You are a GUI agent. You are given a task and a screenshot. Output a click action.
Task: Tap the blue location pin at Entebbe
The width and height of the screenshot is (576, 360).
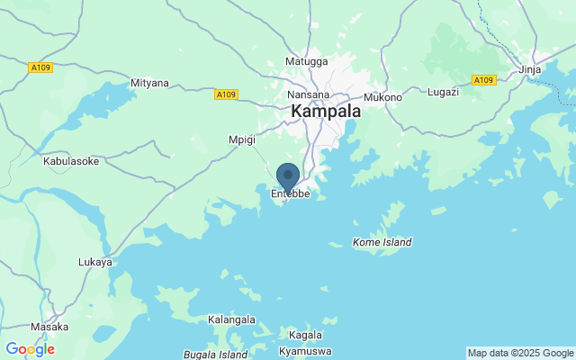pyautogui.click(x=288, y=176)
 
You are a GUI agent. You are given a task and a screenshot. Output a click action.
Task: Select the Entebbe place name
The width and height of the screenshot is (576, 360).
pyautogui.click(x=290, y=193)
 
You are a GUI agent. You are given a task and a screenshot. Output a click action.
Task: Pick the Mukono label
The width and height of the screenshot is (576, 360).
pyautogui.click(x=382, y=97)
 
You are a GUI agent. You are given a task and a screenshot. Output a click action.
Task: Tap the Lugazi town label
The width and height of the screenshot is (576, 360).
pyautogui.click(x=443, y=92)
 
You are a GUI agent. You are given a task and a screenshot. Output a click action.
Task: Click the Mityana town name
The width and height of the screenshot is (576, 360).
pyautogui.click(x=149, y=84)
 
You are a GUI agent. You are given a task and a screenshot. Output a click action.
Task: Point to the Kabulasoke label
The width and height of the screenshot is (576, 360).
pyautogui.click(x=71, y=161)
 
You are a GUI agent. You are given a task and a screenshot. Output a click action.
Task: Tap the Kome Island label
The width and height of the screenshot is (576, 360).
pyautogui.click(x=382, y=242)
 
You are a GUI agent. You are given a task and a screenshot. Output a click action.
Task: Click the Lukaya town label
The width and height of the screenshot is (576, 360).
pyautogui.click(x=95, y=262)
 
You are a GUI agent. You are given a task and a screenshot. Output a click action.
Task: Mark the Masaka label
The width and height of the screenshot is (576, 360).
pyautogui.click(x=49, y=327)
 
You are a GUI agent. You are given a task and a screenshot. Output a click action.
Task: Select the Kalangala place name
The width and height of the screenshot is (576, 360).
pyautogui.click(x=232, y=320)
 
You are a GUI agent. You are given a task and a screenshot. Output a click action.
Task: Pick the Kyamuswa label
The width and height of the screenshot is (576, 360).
pyautogui.click(x=305, y=350)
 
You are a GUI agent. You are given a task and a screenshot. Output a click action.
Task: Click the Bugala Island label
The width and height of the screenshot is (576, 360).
pyautogui.click(x=215, y=355)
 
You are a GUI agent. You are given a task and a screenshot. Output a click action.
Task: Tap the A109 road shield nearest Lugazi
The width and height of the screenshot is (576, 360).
pyautogui.click(x=484, y=80)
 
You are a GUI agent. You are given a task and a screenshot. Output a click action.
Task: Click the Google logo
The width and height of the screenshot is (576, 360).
pyautogui.click(x=30, y=349)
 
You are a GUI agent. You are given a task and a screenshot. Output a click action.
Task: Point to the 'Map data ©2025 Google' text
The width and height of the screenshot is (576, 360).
pyautogui.click(x=520, y=353)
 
